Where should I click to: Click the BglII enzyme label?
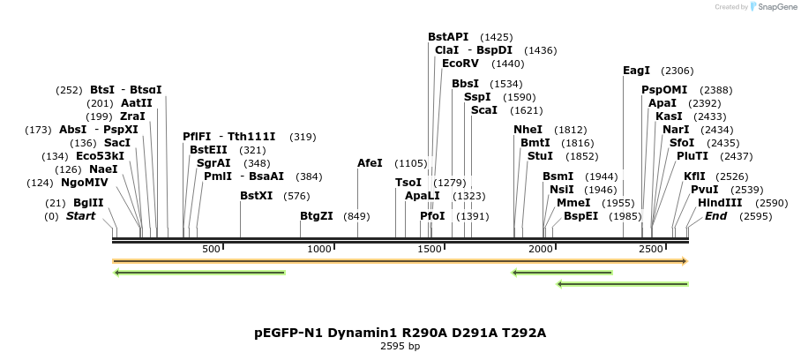pos(88,203)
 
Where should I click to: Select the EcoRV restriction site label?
pos(460,64)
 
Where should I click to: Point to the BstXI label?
pos(257,196)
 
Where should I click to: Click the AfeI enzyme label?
pos(370,163)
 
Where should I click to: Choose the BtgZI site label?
pos(317,216)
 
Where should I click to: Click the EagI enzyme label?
pos(636,71)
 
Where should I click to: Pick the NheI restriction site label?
pos(528,130)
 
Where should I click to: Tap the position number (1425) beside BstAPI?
pos(496,37)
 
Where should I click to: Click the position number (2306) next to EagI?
pos(677,71)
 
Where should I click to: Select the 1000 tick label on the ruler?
pos(320,250)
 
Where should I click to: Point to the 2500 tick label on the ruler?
pos(651,250)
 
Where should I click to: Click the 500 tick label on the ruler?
pos(211,250)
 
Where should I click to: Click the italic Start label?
pos(80,216)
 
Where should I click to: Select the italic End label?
pos(715,216)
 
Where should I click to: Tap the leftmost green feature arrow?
pos(199,273)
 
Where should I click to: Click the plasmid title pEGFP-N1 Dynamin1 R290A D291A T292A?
pos(400,333)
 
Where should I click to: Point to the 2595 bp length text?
pos(400,347)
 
